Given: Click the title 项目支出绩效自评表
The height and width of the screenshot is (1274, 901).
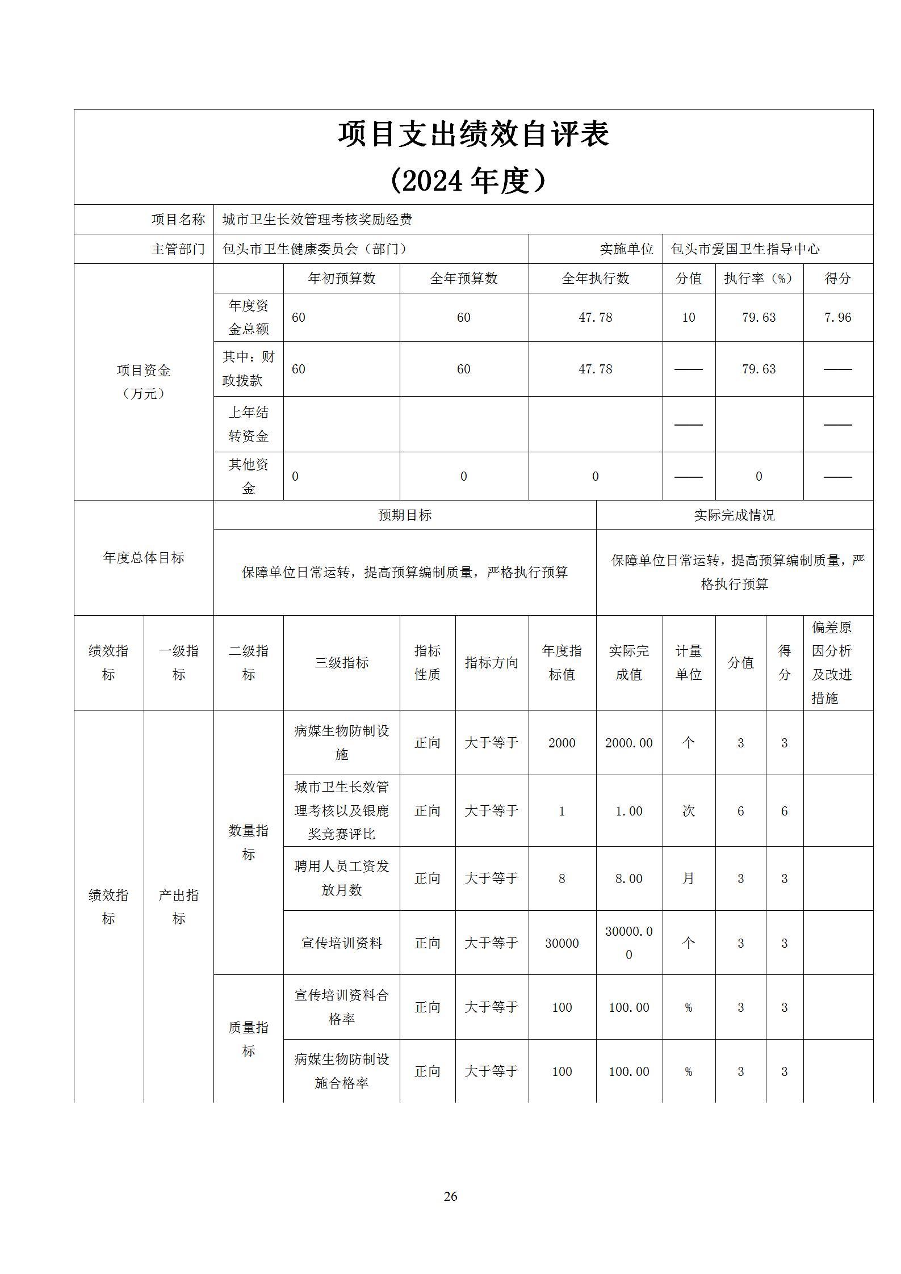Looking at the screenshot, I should pyautogui.click(x=473, y=134).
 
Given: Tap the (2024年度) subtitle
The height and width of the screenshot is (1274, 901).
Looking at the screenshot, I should pyautogui.click(x=468, y=182).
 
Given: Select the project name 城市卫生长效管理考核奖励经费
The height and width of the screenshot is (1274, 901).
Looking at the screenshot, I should pyautogui.click(x=317, y=220).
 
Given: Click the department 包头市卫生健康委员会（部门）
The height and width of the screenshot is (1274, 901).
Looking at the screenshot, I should pyautogui.click(x=315, y=249).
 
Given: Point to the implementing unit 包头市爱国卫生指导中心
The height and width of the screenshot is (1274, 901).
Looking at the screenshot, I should pyautogui.click(x=745, y=249).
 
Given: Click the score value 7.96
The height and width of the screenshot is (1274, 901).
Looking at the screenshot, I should pyautogui.click(x=837, y=317).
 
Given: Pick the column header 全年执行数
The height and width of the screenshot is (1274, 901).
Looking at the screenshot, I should pyautogui.click(x=595, y=279).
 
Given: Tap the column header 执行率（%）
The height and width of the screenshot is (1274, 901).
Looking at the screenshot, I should pyautogui.click(x=758, y=279).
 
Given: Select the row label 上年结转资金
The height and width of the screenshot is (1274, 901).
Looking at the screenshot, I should pyautogui.click(x=248, y=424).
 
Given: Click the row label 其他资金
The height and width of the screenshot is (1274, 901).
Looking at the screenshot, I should pyautogui.click(x=248, y=476).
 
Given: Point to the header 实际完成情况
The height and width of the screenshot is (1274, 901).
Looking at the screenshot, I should pyautogui.click(x=734, y=515).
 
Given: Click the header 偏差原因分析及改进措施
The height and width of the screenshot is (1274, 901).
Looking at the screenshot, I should pyautogui.click(x=832, y=662).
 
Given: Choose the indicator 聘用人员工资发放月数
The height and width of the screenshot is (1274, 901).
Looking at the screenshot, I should pyautogui.click(x=341, y=878).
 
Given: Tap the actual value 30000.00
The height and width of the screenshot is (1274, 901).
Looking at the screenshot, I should pyautogui.click(x=628, y=943).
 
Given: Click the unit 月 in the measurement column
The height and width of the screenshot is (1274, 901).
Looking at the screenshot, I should pyautogui.click(x=688, y=878).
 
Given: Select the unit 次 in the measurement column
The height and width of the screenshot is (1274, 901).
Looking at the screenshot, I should pyautogui.click(x=688, y=811).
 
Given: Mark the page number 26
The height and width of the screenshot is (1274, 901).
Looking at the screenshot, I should pyautogui.click(x=450, y=1196).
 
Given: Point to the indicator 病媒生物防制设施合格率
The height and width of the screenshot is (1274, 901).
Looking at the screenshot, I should pyautogui.click(x=341, y=1071).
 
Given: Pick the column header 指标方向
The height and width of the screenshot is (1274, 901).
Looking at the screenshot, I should pyautogui.click(x=491, y=662).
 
